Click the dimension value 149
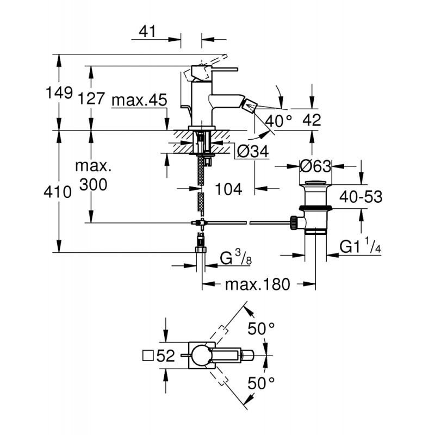click(x=59, y=92)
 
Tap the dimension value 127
click(x=91, y=98)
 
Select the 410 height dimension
click(x=58, y=192)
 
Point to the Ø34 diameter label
click(x=253, y=152)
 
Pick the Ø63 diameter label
click(x=315, y=166)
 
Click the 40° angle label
click(x=278, y=120)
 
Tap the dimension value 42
click(x=312, y=120)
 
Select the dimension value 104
click(x=228, y=189)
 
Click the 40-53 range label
click(x=361, y=197)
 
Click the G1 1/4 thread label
click(x=360, y=246)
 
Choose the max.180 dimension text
click(x=257, y=284)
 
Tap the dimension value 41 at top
click(x=147, y=32)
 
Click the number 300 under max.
click(x=93, y=184)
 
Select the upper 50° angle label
click(x=261, y=329)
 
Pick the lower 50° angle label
click(x=261, y=384)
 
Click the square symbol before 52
click(x=148, y=356)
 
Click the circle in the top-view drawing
click(x=202, y=356)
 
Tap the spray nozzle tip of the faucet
click(x=250, y=106)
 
